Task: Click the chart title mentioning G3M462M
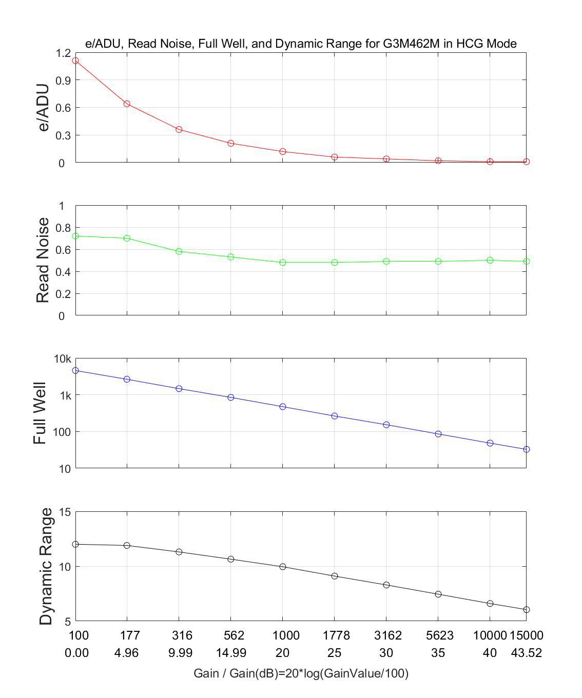[x=301, y=44]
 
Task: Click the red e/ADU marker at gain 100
[x=75, y=61]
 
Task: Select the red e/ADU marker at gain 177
[x=127, y=104]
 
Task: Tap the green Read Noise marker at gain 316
[x=179, y=251]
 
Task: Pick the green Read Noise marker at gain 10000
[x=490, y=260]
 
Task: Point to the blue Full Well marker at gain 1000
[x=283, y=407]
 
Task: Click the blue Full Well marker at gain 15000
[x=527, y=449]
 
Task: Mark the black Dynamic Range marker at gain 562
[x=231, y=559]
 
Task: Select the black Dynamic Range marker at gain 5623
[x=438, y=594]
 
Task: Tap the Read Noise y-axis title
[x=44, y=260]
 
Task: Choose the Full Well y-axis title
[x=40, y=413]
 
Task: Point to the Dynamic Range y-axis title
[x=46, y=566]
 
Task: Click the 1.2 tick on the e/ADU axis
[x=64, y=53]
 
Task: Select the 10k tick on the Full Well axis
[x=63, y=358]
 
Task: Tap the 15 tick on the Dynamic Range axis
[x=65, y=512]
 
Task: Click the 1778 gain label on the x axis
[x=336, y=635]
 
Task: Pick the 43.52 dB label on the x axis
[x=526, y=653]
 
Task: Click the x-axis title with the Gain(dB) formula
[x=301, y=673]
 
